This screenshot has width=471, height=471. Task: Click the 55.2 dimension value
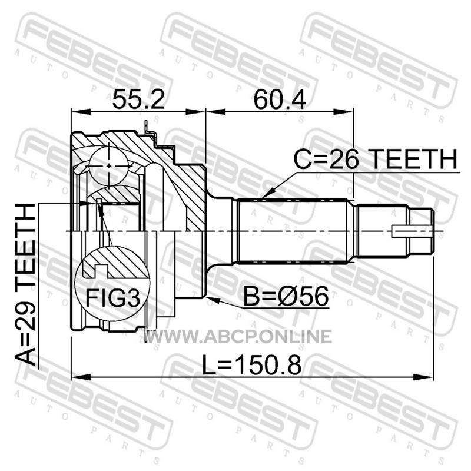point(138,99)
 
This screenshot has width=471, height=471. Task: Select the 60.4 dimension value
point(280,99)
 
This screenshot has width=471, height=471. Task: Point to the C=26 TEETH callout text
point(376,159)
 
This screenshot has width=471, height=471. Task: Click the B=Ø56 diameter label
point(286,297)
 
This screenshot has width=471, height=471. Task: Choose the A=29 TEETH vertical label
point(25,284)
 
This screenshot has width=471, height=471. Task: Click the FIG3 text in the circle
point(112,298)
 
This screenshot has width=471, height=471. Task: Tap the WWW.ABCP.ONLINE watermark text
point(239,336)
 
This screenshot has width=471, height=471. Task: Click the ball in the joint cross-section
point(109,165)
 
